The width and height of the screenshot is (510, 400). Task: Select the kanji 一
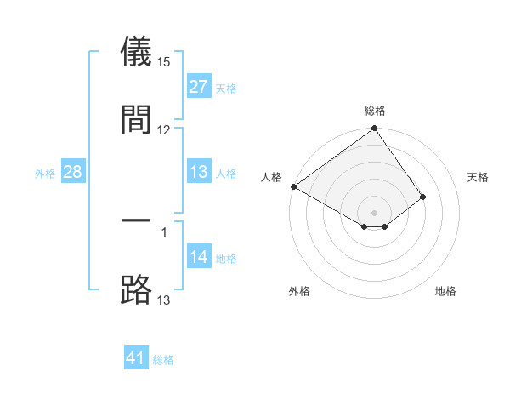136,221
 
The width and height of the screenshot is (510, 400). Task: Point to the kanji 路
136,289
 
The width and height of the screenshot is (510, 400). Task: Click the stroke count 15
164,62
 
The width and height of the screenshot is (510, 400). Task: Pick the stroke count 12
164,129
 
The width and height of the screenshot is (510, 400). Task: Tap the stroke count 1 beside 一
164,231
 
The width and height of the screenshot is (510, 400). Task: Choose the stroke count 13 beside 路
164,300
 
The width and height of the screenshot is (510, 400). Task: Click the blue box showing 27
198,87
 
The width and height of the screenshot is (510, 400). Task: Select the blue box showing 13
198,172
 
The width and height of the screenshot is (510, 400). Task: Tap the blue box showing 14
198,257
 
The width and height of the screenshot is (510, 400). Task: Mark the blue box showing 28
72,172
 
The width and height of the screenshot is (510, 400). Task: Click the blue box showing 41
136,358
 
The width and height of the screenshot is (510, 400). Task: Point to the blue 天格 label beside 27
225,88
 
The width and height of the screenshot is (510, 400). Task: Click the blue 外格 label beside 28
45,173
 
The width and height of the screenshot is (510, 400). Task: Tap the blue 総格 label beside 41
163,359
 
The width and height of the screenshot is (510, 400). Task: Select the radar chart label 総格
374,111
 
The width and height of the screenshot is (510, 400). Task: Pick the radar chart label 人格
271,176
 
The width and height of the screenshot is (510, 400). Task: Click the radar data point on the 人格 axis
293,186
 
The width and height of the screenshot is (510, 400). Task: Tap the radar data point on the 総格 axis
374,129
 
